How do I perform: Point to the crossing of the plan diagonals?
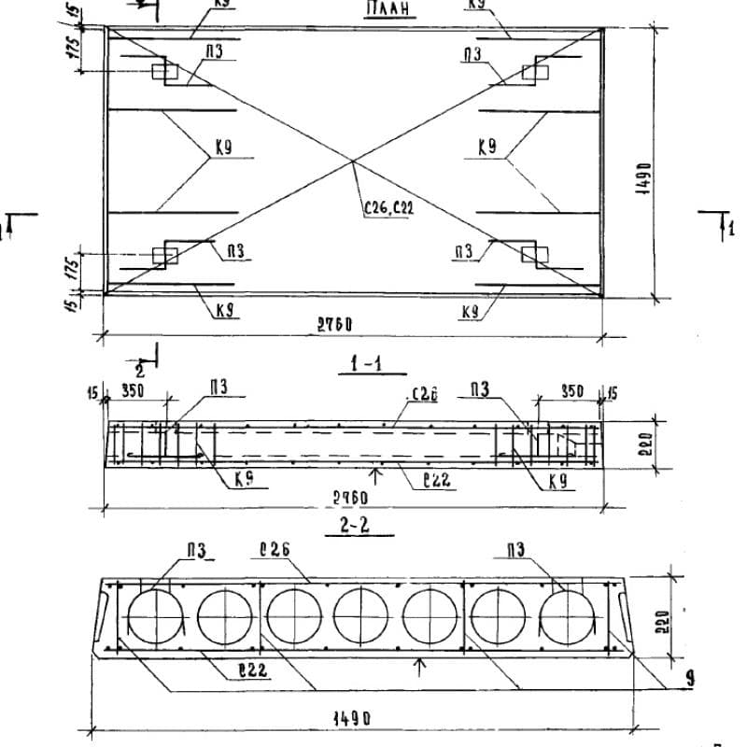click(x=352, y=161)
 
